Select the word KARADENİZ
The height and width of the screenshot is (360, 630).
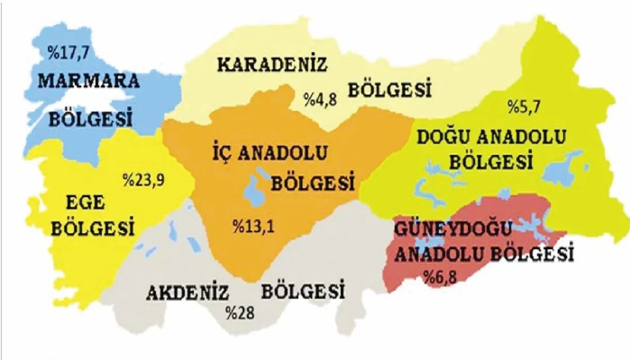272,66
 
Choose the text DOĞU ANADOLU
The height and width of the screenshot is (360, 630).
491,137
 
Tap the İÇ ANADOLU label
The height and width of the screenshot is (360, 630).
276,154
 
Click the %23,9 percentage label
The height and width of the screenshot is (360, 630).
143,179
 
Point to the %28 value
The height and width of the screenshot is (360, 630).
240,313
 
